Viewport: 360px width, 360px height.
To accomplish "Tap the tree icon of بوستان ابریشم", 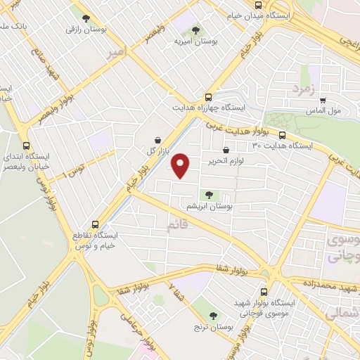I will click(207, 195).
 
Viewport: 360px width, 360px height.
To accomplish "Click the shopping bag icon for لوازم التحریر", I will click(226, 150).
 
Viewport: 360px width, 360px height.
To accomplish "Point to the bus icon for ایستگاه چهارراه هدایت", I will click(207, 98).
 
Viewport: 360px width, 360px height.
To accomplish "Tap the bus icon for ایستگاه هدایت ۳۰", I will click(282, 135).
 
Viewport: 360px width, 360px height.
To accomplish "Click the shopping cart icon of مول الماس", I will click(323, 100).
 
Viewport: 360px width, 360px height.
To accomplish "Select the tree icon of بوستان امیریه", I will click(195, 30).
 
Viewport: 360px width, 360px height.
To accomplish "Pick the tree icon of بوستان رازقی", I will click(86, 19).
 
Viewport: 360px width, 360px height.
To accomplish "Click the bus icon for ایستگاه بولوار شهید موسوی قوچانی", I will click(264, 291).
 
